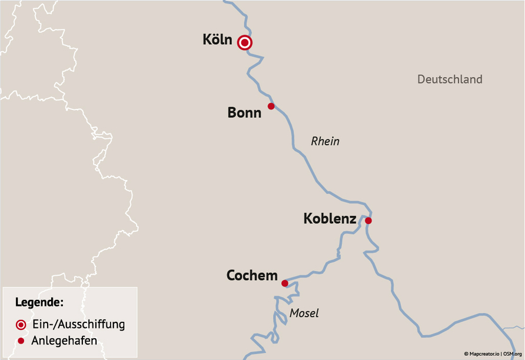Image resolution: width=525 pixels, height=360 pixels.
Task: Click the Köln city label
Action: coord(217,40)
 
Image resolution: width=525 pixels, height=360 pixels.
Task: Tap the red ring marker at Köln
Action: coord(245,42)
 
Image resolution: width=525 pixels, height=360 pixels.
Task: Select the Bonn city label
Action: coord(244,112)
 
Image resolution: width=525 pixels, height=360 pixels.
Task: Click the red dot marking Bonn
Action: coord(271,106)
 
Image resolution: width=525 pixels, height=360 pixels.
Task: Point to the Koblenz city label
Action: coord(330,219)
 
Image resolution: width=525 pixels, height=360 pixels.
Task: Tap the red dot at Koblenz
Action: coord(368,221)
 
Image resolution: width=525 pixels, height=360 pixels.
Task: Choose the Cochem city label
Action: coord(252,275)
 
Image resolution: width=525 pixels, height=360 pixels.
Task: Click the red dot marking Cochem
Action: coord(285,284)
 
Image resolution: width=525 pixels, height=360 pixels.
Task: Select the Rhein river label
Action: coord(325,141)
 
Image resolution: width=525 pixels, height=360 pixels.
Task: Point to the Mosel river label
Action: coord(304,314)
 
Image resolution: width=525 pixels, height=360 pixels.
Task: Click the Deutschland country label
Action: coord(450,79)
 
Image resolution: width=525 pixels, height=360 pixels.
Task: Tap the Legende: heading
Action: coord(39,303)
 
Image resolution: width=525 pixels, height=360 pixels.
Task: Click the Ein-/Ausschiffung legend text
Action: coord(78,324)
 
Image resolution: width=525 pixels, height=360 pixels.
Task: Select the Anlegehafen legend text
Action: coord(64,340)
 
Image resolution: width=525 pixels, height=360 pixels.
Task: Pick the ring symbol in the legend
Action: coord(21,324)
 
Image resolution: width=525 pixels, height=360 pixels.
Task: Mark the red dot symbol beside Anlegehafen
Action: coord(21,341)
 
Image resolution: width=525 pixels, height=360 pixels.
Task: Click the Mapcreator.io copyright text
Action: coord(482,354)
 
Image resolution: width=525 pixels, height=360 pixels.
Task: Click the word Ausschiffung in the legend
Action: coord(93,324)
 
